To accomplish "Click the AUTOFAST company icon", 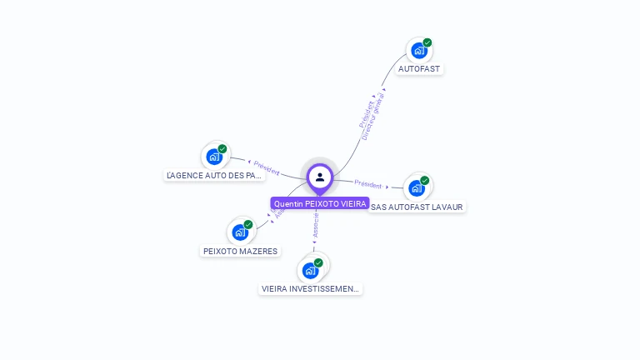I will (418, 50).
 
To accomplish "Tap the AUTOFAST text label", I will (419, 68).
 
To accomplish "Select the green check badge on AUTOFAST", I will (427, 42).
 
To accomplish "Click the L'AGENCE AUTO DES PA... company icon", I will (214, 156).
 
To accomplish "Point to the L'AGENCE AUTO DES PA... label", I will (214, 175).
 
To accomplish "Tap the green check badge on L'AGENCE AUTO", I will (222, 149).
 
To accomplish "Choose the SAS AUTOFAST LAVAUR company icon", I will (417, 187).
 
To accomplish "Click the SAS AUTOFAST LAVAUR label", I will (417, 207).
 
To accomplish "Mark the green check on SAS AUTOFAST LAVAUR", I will (425, 181).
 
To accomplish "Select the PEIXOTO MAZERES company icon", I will (240, 232).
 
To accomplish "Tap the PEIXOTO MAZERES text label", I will (240, 251).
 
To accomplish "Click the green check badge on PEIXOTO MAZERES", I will (248, 225).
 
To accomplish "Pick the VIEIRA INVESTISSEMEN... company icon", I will (310, 270).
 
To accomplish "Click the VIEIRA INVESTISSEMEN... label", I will (311, 288).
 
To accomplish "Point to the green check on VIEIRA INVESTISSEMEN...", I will (318, 262).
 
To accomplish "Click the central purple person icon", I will (320, 177).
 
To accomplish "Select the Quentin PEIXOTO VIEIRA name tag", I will (320, 203).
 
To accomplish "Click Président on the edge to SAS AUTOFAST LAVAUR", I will (368, 183).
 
